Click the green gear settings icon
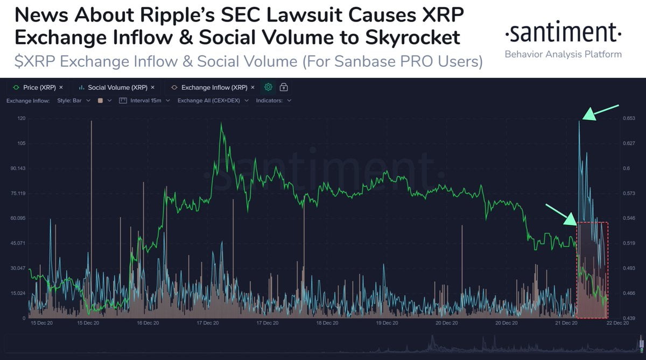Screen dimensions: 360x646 (268, 87)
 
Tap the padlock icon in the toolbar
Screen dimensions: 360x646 (284, 87)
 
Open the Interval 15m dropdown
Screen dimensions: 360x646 (144, 101)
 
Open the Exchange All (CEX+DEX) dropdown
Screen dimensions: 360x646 (213, 101)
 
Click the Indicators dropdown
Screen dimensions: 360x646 (273, 101)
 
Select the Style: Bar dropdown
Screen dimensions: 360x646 (74, 101)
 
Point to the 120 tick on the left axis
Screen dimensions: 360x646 (22, 118)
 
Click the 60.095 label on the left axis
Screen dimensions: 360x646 (18, 218)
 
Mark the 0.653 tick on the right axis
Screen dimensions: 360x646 (629, 118)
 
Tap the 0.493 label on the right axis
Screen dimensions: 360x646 (629, 268)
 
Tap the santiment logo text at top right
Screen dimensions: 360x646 (563, 34)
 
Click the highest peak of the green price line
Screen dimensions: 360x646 (221, 124)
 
